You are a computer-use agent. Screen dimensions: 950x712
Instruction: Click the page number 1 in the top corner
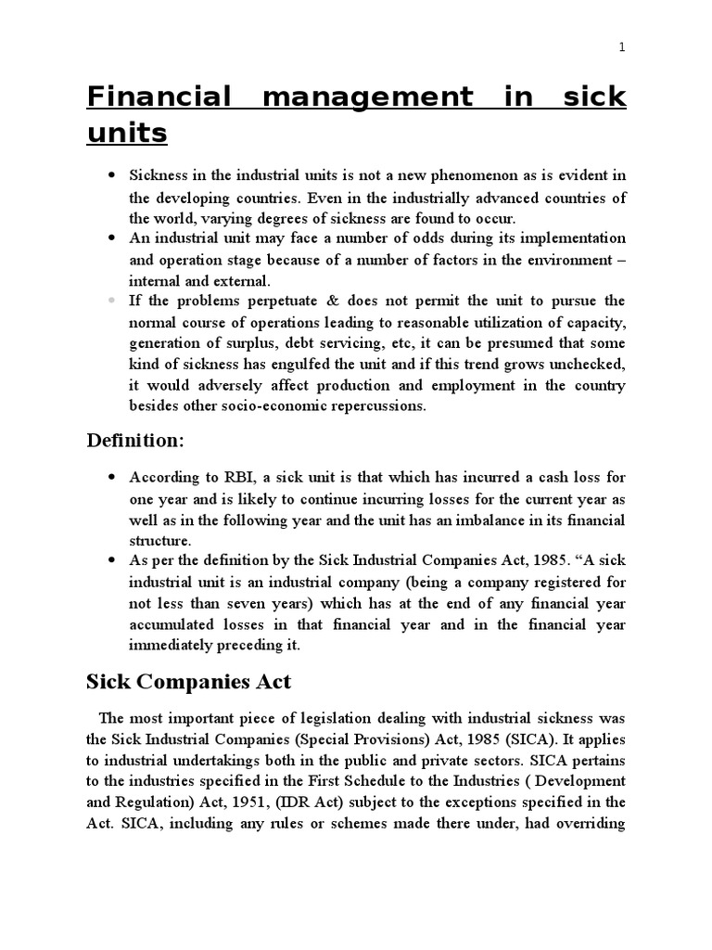tap(623, 49)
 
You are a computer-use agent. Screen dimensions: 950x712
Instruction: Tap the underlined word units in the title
tap(127, 134)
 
